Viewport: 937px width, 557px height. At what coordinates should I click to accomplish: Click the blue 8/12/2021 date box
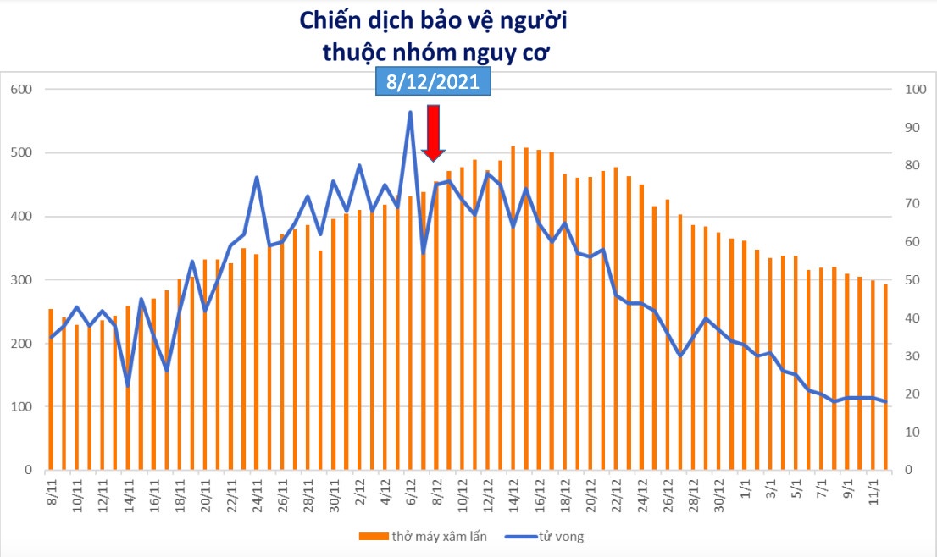pos(433,81)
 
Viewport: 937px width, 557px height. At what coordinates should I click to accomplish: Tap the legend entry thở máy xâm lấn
pos(415,537)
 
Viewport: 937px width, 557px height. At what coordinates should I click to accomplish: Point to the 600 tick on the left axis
pos(21,90)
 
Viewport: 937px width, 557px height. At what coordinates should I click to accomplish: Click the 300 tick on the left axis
pos(21,280)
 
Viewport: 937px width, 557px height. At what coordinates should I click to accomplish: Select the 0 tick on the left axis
pos(28,471)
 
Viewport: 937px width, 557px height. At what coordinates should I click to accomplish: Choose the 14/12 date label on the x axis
pos(513,491)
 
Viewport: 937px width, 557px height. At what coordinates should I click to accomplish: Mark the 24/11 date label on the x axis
pos(257,491)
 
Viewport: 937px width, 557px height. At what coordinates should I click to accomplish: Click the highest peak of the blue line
pos(410,112)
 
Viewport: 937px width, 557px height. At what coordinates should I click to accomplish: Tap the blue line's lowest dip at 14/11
pos(128,386)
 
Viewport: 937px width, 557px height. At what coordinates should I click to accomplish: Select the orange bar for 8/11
pos(51,389)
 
